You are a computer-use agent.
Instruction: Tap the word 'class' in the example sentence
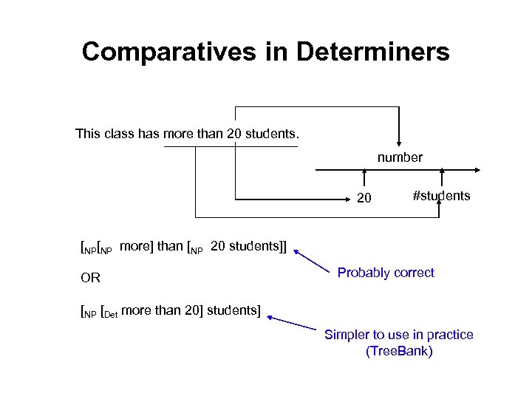[119, 134]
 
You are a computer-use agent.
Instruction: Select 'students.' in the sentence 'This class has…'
[275, 134]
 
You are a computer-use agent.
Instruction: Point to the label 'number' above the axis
[400, 157]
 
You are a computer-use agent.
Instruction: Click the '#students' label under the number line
[441, 196]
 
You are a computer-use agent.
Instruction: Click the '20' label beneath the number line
[364, 198]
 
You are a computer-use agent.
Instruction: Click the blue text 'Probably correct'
[386, 273]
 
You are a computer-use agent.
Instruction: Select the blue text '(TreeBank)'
[399, 351]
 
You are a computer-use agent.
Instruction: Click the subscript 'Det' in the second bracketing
[109, 313]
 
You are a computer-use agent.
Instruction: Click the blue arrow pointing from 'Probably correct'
[311, 262]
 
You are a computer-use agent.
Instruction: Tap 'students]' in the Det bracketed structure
[233, 310]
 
